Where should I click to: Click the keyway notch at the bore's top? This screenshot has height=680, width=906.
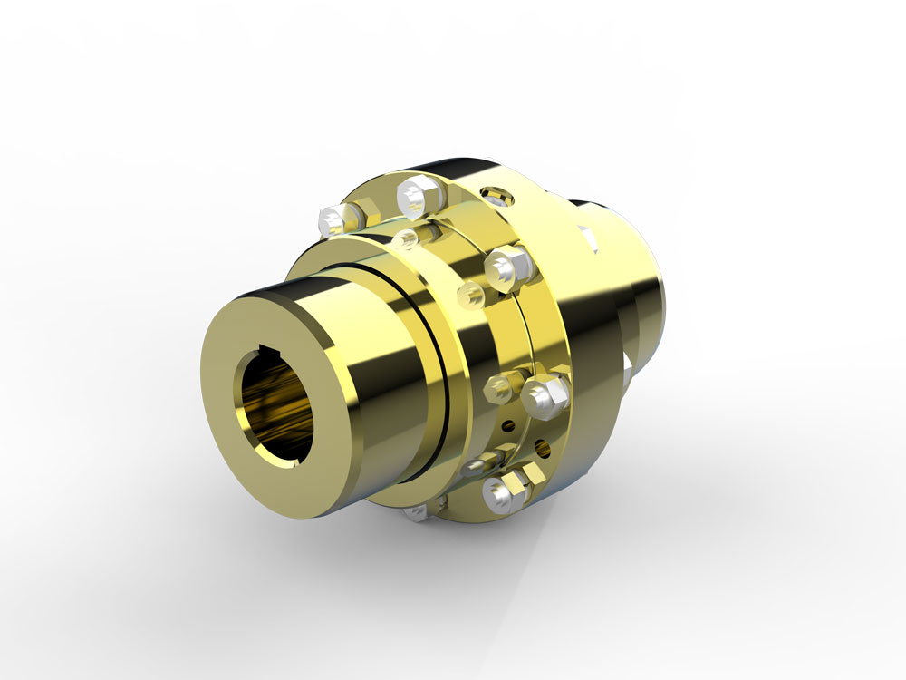click(x=265, y=348)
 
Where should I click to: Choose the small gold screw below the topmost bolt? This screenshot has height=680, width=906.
click(x=405, y=238)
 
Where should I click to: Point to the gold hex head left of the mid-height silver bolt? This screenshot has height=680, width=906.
click(x=501, y=389)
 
